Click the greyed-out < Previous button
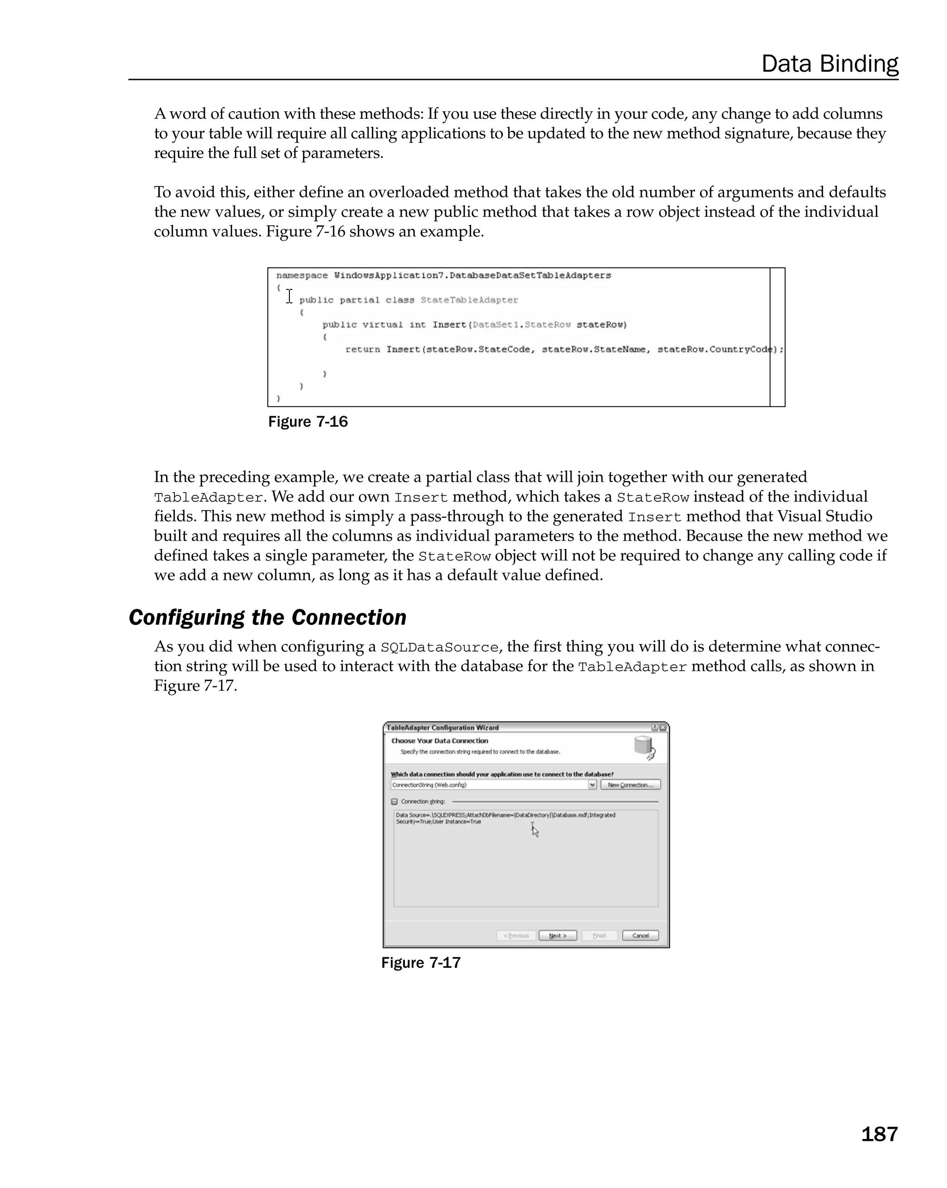[x=516, y=936]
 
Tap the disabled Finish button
[x=599, y=936]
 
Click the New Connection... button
[x=630, y=785]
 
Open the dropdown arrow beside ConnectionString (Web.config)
[x=592, y=785]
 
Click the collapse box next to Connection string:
[x=394, y=802]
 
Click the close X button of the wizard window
[x=663, y=727]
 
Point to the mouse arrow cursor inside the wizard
[x=535, y=831]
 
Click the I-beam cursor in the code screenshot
[x=289, y=296]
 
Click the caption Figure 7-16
[x=308, y=422]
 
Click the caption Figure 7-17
[x=421, y=963]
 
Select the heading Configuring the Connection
[x=267, y=617]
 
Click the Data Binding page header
[x=829, y=63]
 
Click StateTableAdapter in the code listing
[x=469, y=300]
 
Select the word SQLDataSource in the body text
[x=439, y=647]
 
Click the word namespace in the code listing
[x=302, y=275]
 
